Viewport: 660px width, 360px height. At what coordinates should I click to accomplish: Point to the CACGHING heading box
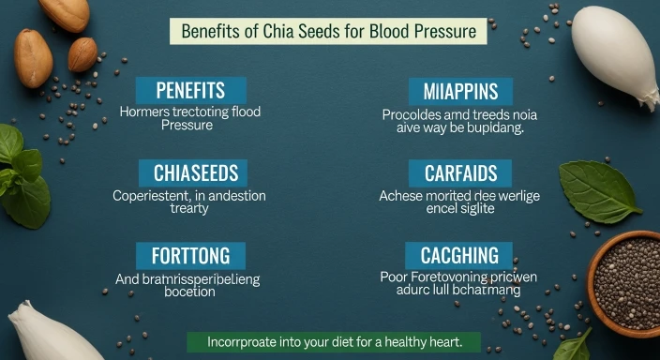coord(459,255)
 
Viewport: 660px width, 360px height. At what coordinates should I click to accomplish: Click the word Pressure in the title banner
coord(442,31)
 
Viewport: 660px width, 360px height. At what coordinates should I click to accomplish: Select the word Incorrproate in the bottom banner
coord(246,341)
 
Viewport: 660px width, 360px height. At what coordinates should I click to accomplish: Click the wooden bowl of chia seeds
coord(625,281)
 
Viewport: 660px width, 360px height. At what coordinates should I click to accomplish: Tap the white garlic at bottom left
coord(52,333)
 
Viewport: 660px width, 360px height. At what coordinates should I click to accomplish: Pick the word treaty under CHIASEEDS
coord(189,208)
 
